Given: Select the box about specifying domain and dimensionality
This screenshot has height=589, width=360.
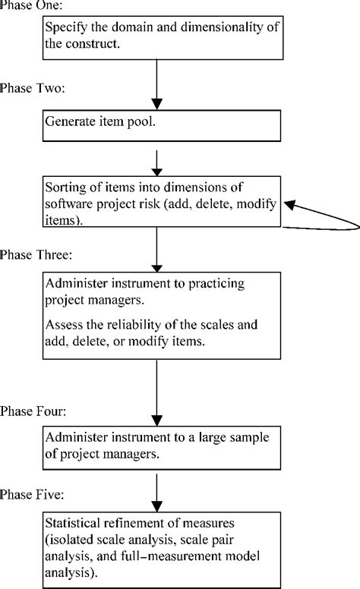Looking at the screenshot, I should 155,36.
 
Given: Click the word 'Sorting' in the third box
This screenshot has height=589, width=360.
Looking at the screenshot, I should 66,187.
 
